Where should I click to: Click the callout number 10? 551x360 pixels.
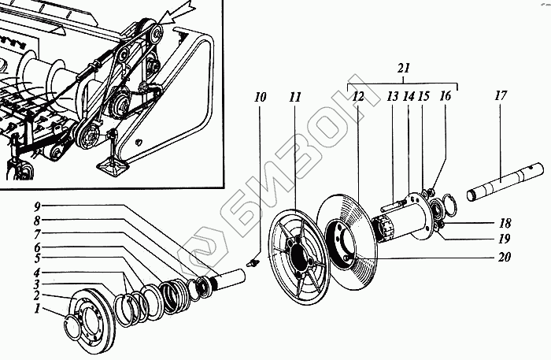coord(261,98)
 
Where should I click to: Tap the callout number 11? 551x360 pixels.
coord(294,98)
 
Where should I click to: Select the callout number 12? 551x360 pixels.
coord(358,98)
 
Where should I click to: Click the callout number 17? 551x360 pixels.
coord(501,98)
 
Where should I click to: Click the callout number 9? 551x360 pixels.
coord(36,206)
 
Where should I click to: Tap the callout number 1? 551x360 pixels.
coord(36,310)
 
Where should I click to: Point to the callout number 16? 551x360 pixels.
coord(446,98)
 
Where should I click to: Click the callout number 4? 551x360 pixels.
coord(36,273)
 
